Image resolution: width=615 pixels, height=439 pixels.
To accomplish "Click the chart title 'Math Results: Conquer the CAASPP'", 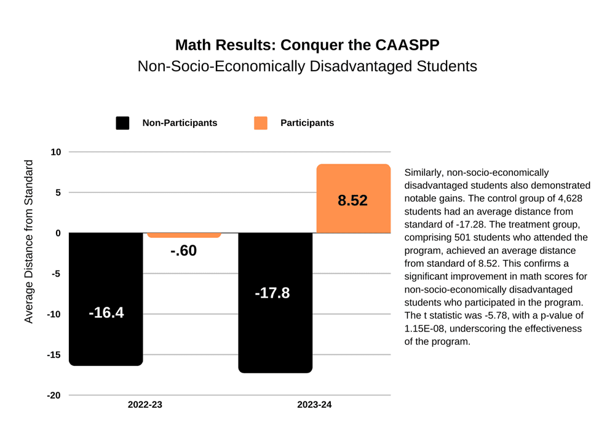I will (307, 45).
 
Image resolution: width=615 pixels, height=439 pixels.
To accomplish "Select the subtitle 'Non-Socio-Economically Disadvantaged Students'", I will (307, 66).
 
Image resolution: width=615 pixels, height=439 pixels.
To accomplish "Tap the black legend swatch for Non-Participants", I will (122, 123).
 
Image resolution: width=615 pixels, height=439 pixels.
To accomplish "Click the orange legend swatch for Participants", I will (261, 123).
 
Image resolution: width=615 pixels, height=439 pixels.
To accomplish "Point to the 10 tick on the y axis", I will (55, 152).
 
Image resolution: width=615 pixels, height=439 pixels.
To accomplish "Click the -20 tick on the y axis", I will (54, 395).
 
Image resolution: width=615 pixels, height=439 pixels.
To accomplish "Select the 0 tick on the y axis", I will (58, 233).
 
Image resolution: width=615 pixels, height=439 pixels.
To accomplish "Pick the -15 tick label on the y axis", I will (54, 355).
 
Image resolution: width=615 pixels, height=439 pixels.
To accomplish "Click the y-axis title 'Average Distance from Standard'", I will (28, 241).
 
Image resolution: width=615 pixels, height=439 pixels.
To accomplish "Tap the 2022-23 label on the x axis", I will (145, 405).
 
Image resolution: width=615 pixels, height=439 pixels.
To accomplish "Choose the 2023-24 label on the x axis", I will (314, 405).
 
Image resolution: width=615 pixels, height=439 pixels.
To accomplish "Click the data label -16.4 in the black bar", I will (106, 312).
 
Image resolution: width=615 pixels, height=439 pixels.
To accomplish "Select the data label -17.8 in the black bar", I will (272, 293).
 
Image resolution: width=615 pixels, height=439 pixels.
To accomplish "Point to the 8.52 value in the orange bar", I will (352, 200).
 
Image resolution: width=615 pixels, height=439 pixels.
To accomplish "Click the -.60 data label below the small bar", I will (183, 250).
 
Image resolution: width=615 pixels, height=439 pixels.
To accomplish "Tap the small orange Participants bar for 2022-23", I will (184, 235).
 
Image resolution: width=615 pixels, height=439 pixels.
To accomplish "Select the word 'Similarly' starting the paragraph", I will (423, 173).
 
